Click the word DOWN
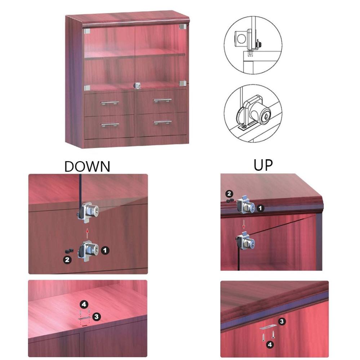point(87,166)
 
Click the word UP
point(263,165)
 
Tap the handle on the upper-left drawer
point(110,103)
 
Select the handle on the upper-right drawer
point(163,100)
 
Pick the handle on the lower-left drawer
point(110,125)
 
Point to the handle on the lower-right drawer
point(163,122)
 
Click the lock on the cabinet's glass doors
point(137,85)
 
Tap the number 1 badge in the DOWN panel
point(105,250)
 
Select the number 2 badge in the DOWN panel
point(67,260)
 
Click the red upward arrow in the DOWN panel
point(87,233)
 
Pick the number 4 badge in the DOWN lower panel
point(84,305)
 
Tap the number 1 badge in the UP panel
point(260,208)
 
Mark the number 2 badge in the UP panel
point(229,194)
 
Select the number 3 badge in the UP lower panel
point(282,321)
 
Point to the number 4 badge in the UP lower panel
point(270,345)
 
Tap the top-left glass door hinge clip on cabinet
point(87,31)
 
